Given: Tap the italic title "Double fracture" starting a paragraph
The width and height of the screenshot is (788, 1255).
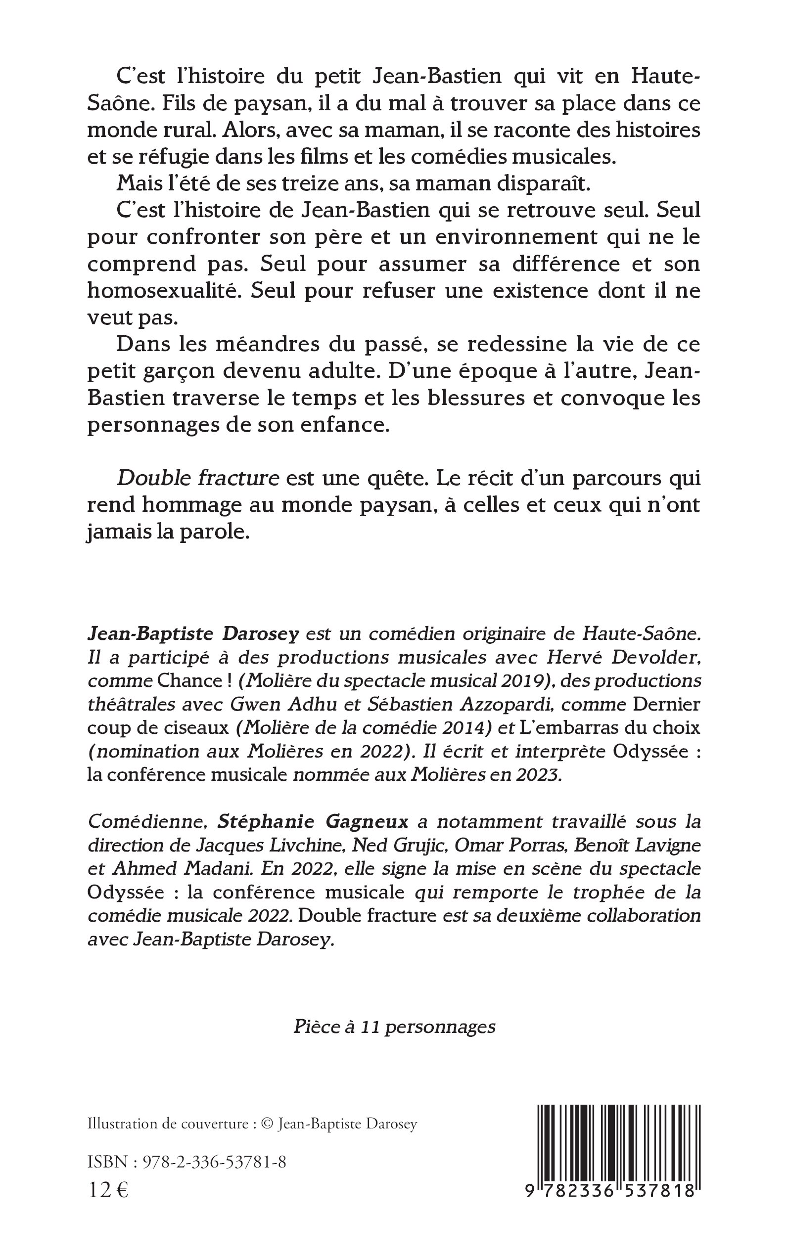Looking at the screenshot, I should point(198,478).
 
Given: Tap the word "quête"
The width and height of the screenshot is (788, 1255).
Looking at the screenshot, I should point(395,478).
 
